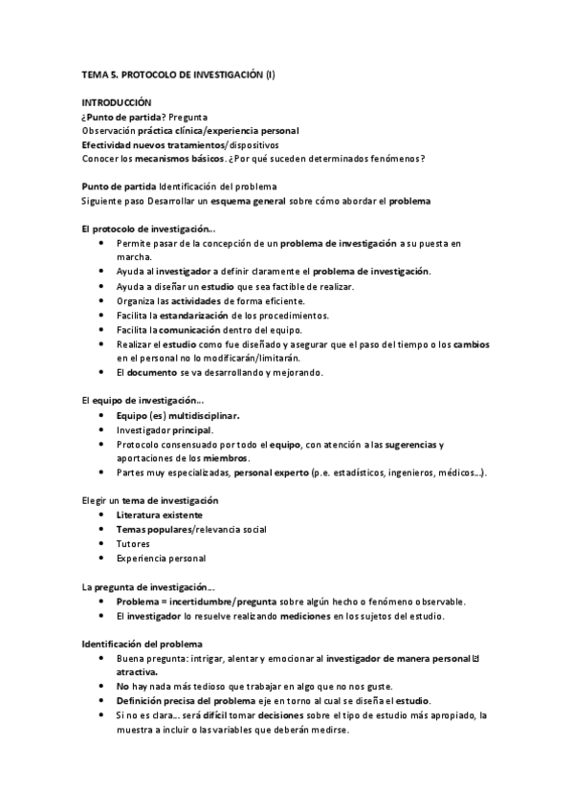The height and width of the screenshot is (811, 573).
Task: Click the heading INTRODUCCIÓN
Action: pos(116,102)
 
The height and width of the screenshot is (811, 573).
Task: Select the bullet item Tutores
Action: pos(133,544)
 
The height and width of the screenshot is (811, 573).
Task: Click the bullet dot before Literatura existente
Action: pos(102,515)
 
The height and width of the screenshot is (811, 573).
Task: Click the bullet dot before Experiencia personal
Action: pos(102,559)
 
